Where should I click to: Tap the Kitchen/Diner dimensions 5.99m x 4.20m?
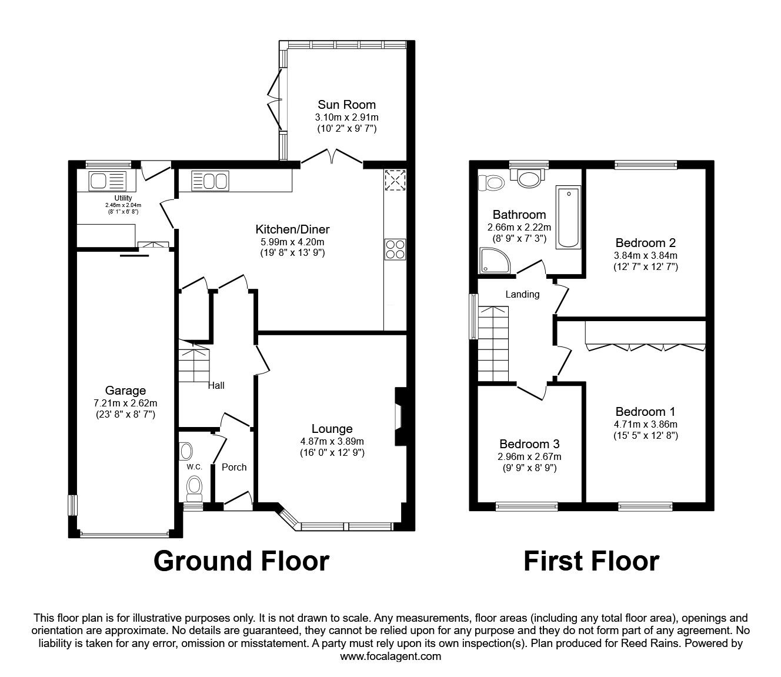pyautogui.click(x=292, y=241)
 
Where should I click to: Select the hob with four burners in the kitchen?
pyautogui.click(x=394, y=249)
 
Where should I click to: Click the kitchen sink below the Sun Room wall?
pyautogui.click(x=209, y=181)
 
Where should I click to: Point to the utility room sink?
pyautogui.click(x=107, y=181)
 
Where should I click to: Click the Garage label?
pyautogui.click(x=126, y=391)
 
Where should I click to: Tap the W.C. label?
pyautogui.click(x=194, y=467)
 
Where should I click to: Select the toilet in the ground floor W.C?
pyautogui.click(x=194, y=487)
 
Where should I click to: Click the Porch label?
pyautogui.click(x=234, y=467)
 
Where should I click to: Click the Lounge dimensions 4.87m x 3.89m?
pyautogui.click(x=332, y=441)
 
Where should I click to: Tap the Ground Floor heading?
pyautogui.click(x=241, y=561)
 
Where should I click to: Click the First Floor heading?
pyautogui.click(x=591, y=561)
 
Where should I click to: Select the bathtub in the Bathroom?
pyautogui.click(x=568, y=216)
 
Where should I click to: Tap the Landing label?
pyautogui.click(x=522, y=294)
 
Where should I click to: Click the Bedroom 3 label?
pyautogui.click(x=529, y=444)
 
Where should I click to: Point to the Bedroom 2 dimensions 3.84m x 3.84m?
pyautogui.click(x=645, y=255)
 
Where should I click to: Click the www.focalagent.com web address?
pyautogui.click(x=390, y=656)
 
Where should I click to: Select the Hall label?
pyautogui.click(x=216, y=386)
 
